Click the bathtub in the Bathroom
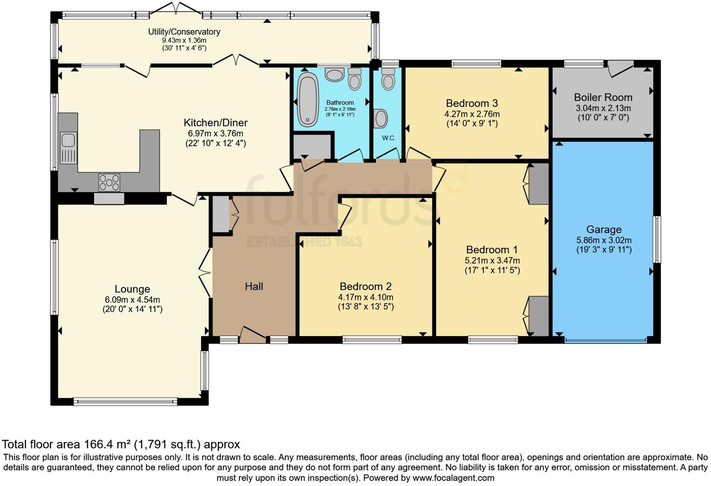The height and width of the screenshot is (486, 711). (x=308, y=100)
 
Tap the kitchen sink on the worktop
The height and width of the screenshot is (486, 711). (x=68, y=148)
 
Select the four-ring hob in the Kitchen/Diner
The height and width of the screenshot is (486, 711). (x=109, y=183)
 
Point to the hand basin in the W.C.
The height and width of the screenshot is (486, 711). (x=380, y=119)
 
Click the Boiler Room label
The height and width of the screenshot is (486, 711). (x=603, y=97)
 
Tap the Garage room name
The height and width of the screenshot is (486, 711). (x=604, y=229)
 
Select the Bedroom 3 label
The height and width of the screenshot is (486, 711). (x=472, y=103)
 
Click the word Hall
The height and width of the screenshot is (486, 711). (x=254, y=286)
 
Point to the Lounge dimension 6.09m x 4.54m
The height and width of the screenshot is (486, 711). (x=132, y=300)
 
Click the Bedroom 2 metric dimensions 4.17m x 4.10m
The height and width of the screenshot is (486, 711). (x=366, y=297)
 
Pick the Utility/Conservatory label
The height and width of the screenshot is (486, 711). (x=184, y=32)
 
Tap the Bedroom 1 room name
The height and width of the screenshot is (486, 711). (x=492, y=250)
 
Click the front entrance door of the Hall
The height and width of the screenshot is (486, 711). (x=253, y=334)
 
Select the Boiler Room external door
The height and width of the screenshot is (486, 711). (x=621, y=69)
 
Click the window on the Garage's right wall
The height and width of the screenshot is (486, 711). (x=657, y=240)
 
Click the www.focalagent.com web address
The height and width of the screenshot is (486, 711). (x=453, y=478)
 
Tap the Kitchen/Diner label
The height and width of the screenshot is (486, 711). (x=216, y=123)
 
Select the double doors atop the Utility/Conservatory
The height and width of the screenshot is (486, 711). (x=175, y=8)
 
